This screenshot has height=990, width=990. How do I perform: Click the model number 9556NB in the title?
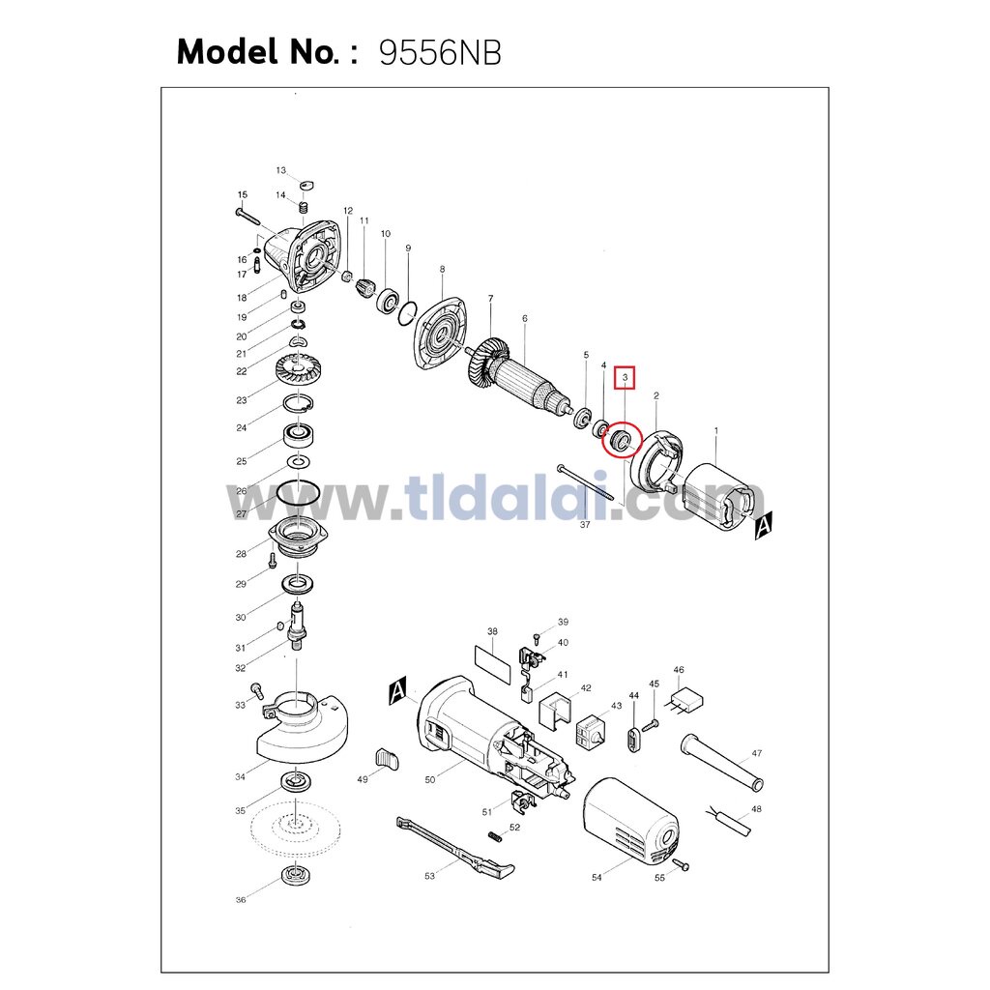[x=440, y=53]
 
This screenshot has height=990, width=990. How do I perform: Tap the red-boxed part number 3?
[x=626, y=378]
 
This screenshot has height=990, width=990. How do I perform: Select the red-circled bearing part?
[x=621, y=440]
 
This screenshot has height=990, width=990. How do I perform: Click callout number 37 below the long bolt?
[x=585, y=524]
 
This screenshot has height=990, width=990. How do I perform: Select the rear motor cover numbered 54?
[x=630, y=821]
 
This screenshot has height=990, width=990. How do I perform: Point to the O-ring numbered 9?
[x=407, y=314]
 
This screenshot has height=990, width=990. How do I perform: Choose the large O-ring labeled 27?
[x=298, y=492]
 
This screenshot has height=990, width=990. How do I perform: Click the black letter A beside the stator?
[x=764, y=525]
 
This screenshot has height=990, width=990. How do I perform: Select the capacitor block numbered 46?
[x=686, y=702]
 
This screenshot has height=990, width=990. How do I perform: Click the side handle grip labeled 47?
[x=722, y=762]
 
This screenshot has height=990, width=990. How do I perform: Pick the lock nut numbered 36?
[x=294, y=876]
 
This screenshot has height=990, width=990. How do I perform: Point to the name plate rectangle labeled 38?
[x=492, y=665]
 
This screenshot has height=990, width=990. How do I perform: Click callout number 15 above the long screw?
[x=243, y=195]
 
